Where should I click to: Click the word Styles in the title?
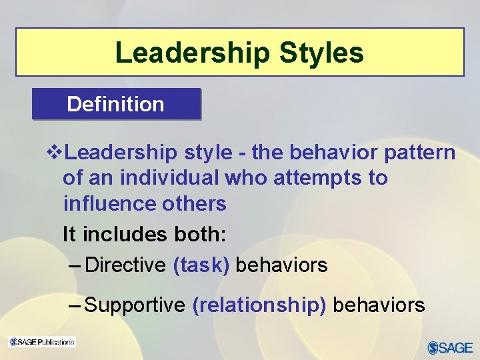(325, 53)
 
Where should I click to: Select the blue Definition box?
(116, 104)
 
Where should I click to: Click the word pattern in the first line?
(419, 153)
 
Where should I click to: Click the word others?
(196, 203)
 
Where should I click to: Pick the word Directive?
(126, 265)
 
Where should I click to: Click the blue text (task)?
(201, 265)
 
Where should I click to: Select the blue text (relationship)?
(259, 305)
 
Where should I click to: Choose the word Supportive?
(135, 305)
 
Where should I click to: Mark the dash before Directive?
(75, 265)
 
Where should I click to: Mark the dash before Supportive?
(75, 305)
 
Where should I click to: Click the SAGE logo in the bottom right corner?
(450, 347)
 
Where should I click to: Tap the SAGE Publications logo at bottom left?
(41, 342)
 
